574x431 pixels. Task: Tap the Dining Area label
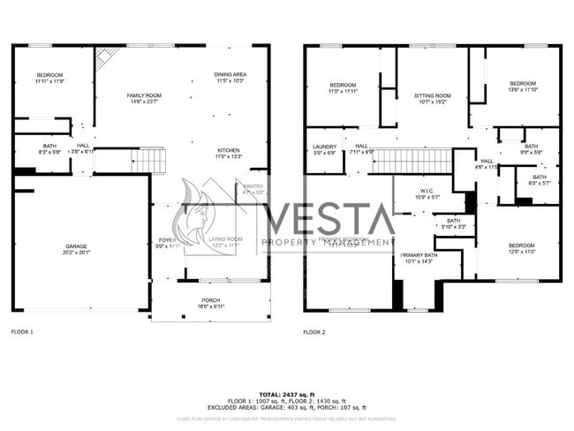click(230, 78)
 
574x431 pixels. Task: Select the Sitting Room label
click(432, 98)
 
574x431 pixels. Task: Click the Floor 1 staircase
click(147, 161)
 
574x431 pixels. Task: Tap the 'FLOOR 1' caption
click(22, 332)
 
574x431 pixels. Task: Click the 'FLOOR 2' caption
click(314, 332)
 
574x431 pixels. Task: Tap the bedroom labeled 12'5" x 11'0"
click(521, 248)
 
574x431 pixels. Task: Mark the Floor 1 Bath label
click(49, 149)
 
